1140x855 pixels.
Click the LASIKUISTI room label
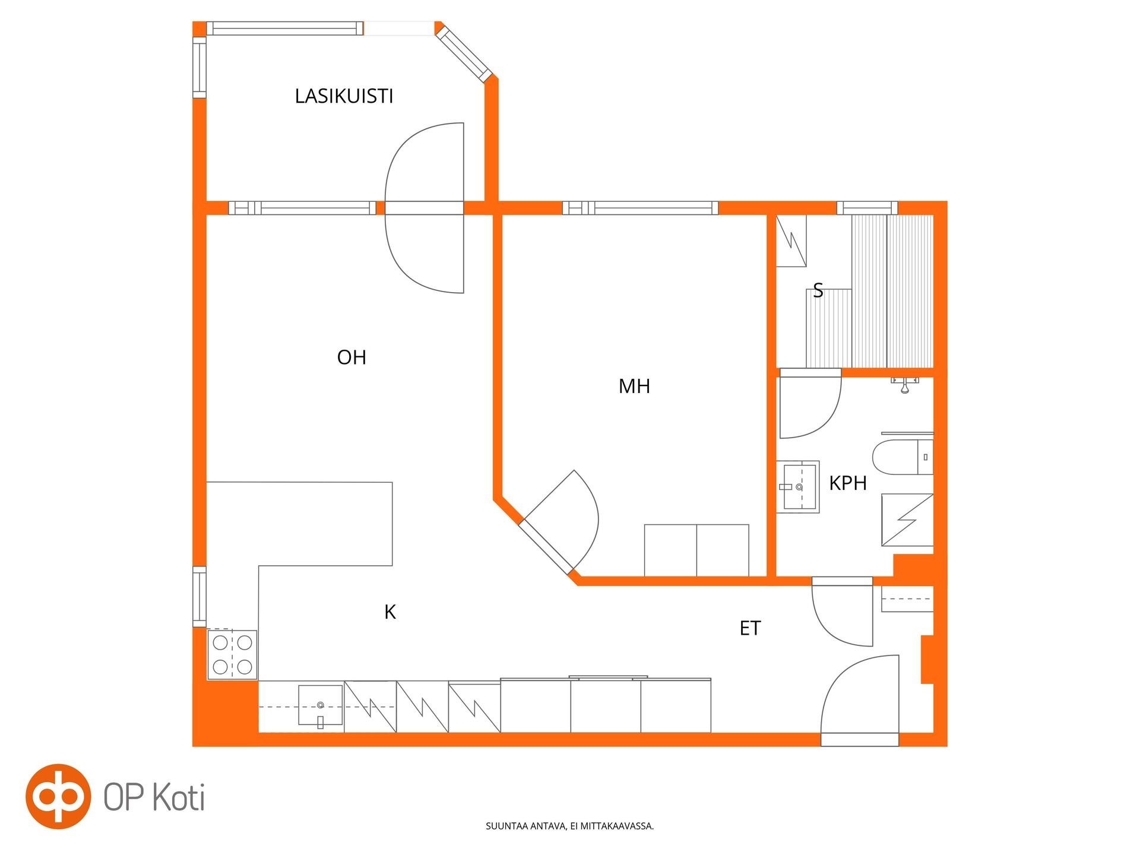344,96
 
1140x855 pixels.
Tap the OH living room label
351,357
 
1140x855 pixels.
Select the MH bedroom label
634,387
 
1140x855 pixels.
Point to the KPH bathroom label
848,483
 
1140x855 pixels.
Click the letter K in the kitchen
390,612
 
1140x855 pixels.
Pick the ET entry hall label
750,628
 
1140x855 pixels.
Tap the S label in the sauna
818,291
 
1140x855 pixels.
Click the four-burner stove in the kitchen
232,655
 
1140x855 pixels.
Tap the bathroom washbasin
798,487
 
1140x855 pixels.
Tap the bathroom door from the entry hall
842,612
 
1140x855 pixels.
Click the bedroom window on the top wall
641,208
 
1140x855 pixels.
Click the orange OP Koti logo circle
58,796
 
